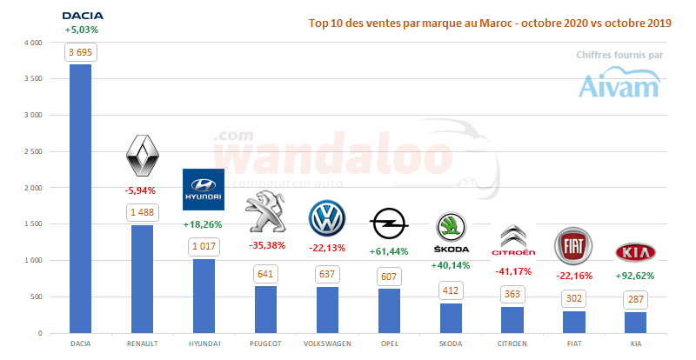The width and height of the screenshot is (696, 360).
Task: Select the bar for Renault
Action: [142, 279]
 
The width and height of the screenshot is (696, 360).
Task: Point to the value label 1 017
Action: [204, 247]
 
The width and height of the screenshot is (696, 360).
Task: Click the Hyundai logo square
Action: [204, 190]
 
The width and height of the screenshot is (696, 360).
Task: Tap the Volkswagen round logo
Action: [327, 218]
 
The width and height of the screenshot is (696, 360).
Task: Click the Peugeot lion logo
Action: [265, 214]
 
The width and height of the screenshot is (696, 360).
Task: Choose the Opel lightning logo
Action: [389, 224]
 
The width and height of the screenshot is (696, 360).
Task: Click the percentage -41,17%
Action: [512, 270]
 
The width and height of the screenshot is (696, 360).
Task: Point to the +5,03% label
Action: [81, 30]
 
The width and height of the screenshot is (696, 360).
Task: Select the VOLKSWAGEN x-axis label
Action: [327, 343]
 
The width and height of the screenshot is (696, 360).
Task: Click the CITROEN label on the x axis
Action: [512, 343]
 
